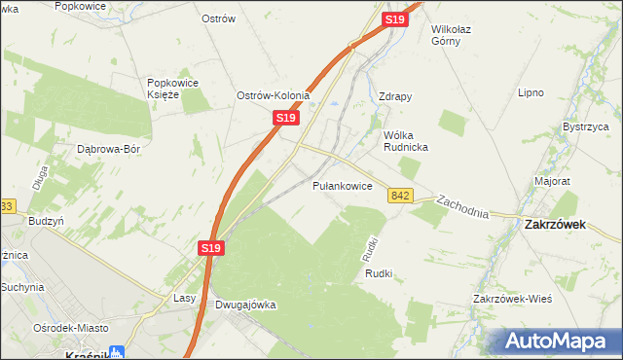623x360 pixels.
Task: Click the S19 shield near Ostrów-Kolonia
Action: [284, 118]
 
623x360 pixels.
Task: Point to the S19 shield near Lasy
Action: [213, 249]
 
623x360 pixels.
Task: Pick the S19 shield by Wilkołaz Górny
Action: [394, 19]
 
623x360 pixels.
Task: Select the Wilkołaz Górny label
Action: [458, 36]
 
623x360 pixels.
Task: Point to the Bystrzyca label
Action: [586, 127]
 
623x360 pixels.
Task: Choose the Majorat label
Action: [552, 181]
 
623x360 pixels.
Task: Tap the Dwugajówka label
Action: [245, 305]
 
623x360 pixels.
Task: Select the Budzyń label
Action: [46, 221]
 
